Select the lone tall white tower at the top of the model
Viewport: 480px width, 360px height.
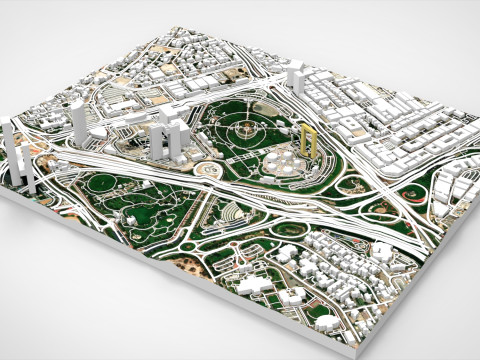pyautogui.click(x=295, y=77)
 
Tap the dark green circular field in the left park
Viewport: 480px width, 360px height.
pyautogui.click(x=101, y=187)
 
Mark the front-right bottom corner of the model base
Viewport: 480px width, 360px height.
pyautogui.click(x=357, y=352)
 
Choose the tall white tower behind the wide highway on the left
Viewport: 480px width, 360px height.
pyautogui.click(x=81, y=120)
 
